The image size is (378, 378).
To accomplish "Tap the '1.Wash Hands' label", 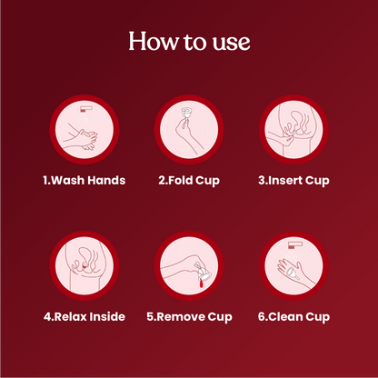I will pyautogui.click(x=85, y=180).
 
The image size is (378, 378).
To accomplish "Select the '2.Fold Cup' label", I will pyautogui.click(x=189, y=180).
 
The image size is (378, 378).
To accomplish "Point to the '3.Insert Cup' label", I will pyautogui.click(x=293, y=180).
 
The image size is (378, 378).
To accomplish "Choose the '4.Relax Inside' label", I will pyautogui.click(x=85, y=316).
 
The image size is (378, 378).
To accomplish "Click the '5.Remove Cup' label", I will pyautogui.click(x=189, y=316).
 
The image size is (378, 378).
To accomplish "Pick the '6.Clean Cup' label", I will pyautogui.click(x=293, y=316).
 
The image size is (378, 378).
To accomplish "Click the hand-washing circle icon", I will pyautogui.click(x=85, y=131).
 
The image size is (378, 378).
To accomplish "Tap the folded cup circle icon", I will pyautogui.click(x=189, y=131).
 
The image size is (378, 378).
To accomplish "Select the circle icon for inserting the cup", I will pyautogui.click(x=293, y=131).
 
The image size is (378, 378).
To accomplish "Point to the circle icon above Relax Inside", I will pyautogui.click(x=85, y=267).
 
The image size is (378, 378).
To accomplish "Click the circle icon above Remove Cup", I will pyautogui.click(x=189, y=267).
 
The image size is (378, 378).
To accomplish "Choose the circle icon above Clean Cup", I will pyautogui.click(x=293, y=267).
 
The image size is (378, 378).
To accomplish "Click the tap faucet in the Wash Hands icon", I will pyautogui.click(x=85, y=108).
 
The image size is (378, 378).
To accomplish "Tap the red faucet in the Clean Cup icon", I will pyautogui.click(x=293, y=244).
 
